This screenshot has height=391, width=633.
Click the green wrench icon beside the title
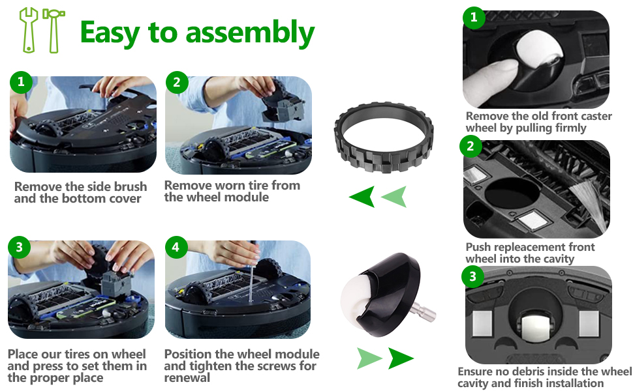[x=28, y=30]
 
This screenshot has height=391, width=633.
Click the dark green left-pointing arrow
[x=362, y=196]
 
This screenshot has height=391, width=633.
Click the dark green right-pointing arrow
[x=401, y=358]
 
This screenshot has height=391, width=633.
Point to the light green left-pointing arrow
[x=394, y=196]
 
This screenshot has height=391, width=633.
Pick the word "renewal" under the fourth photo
[x=187, y=378]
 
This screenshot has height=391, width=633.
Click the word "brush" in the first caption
[x=131, y=187]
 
